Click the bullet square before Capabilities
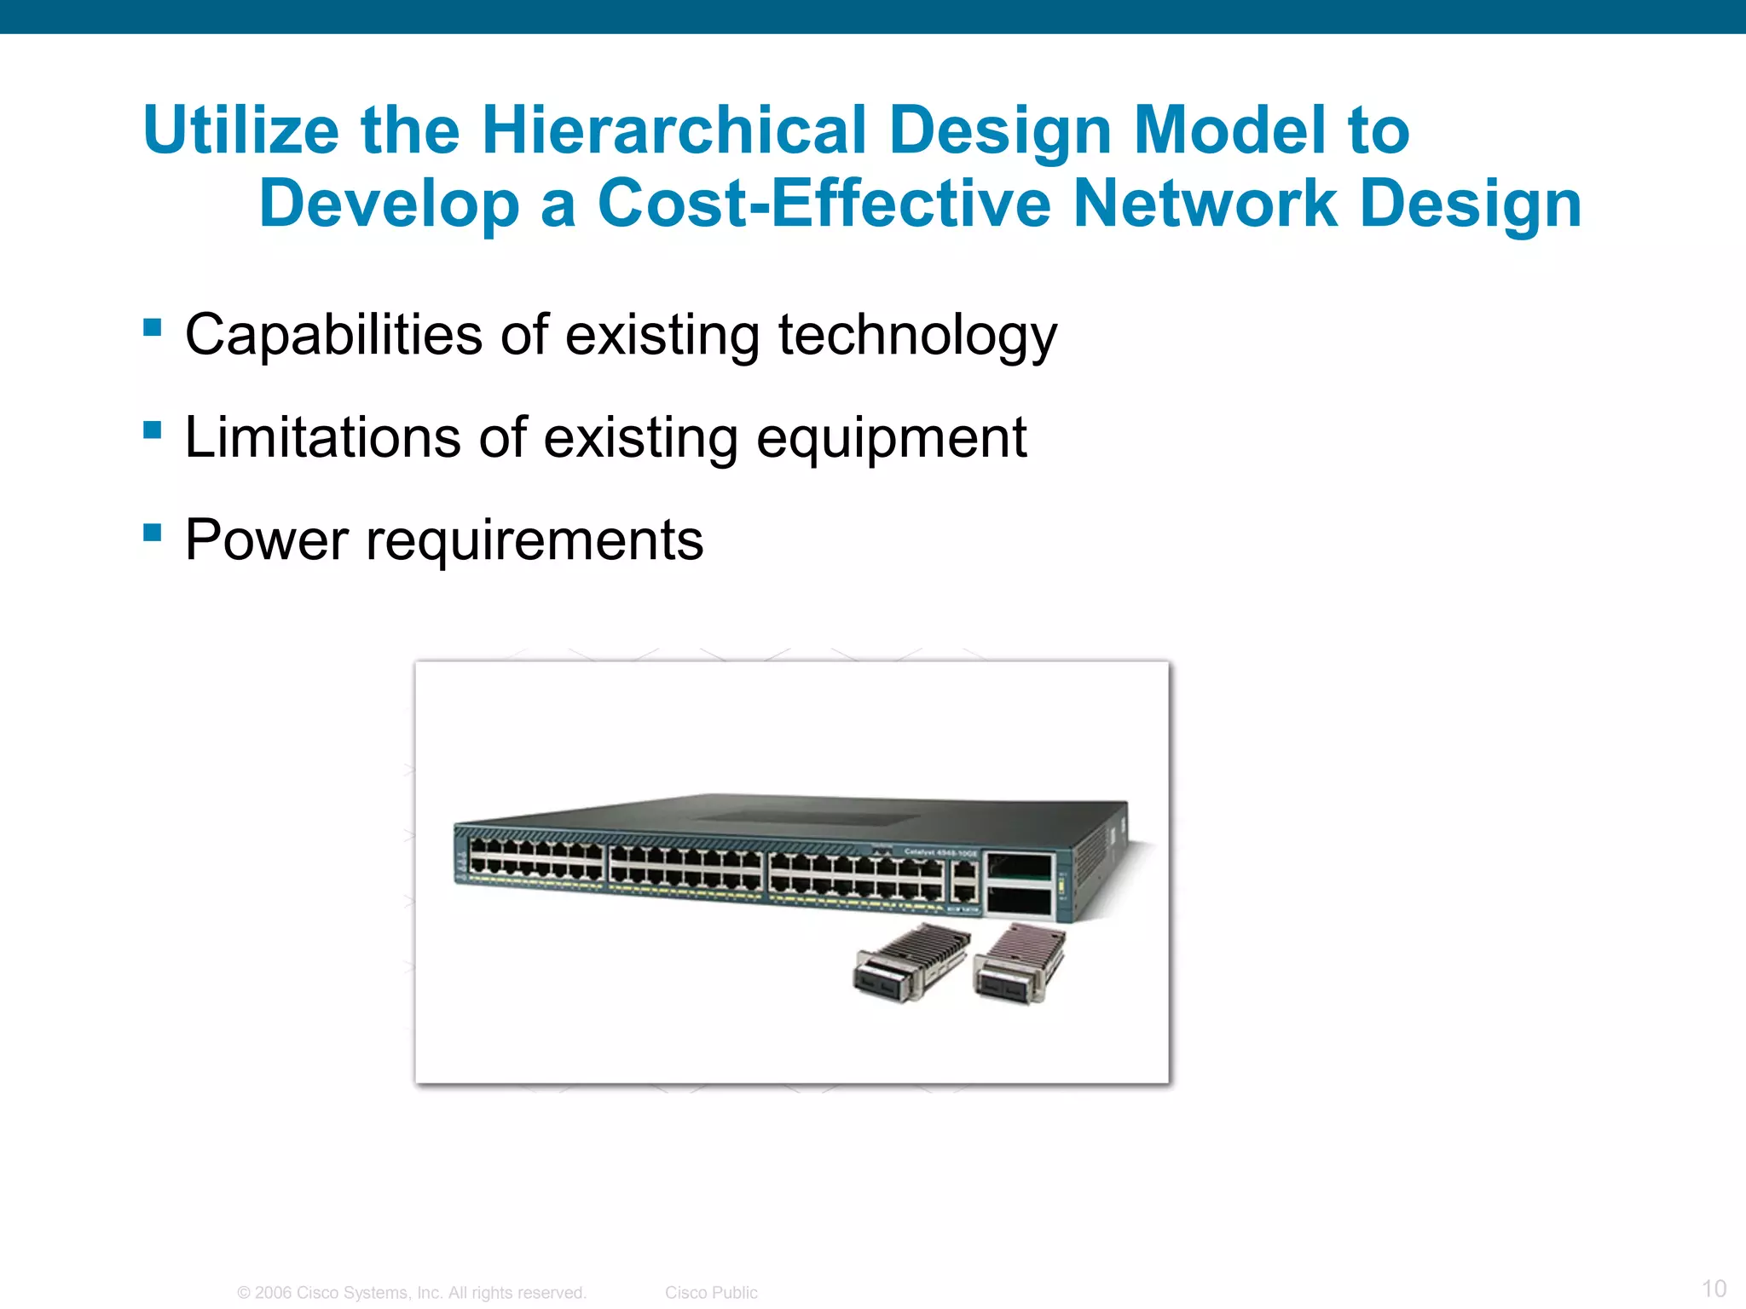[x=153, y=328]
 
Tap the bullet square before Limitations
[x=153, y=430]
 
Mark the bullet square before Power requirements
[x=153, y=533]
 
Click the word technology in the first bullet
[x=917, y=336]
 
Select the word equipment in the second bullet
[x=891, y=439]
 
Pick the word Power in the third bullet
[x=267, y=540]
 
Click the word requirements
[x=535, y=542]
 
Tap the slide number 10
[x=1714, y=1288]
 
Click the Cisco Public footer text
[x=711, y=1292]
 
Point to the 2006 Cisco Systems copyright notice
[x=412, y=1292]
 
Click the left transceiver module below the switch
[x=911, y=963]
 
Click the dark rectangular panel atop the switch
[x=806, y=817]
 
